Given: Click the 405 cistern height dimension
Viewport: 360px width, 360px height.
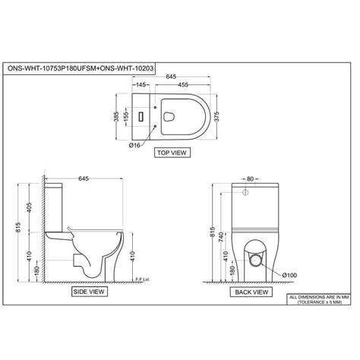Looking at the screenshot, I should click(x=29, y=205).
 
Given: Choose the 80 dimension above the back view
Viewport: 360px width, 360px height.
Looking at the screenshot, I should click(x=251, y=180).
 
